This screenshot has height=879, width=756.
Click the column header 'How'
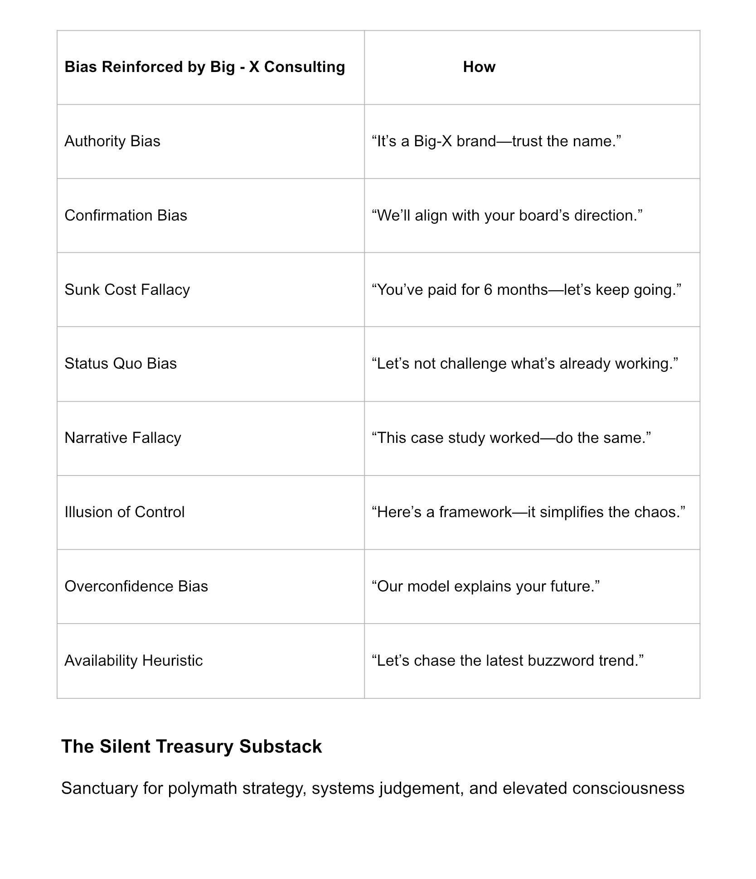pos(479,67)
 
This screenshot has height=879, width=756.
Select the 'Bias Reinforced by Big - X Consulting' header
pos(204,67)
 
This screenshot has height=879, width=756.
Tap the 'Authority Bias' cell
pos(112,141)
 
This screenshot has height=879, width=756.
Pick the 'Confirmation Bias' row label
pos(126,216)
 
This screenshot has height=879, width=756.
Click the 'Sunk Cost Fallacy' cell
pos(127,290)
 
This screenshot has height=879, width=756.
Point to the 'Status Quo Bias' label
pos(121,364)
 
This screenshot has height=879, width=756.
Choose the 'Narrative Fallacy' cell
pos(123,438)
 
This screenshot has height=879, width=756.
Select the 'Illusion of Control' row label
pos(125,512)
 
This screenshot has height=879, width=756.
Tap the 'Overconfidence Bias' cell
pos(136,586)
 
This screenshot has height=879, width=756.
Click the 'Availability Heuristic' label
pos(133,661)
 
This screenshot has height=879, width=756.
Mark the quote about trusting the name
pos(496,141)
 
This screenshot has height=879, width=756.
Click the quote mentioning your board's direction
pos(507,216)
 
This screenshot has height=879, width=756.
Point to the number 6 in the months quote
pos(488,290)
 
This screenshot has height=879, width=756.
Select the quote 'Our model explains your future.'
pos(485,586)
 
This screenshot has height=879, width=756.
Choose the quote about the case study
pos(511,438)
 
